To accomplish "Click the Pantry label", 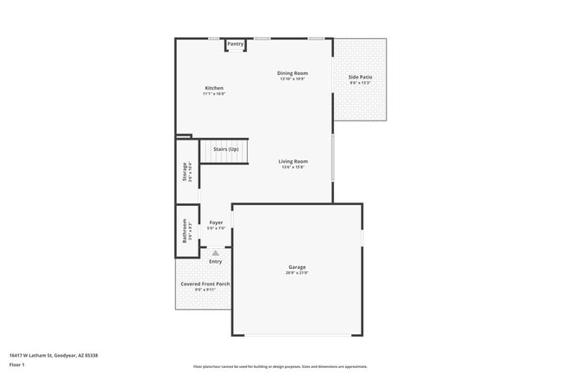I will tap(235, 44).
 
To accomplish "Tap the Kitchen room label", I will tap(214, 89).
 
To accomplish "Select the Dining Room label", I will tap(293, 73).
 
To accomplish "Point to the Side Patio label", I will tap(360, 78).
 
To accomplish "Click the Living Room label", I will tap(293, 162).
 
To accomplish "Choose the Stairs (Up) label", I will tap(226, 149).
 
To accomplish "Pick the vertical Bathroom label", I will tap(184, 230).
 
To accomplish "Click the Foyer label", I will tap(216, 222).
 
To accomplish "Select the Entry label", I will tap(215, 261).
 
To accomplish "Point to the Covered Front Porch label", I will tap(205, 284).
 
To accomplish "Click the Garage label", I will tap(297, 267).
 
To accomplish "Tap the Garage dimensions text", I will tap(297, 272).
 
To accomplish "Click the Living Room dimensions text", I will tap(293, 167).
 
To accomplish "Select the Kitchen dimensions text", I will tap(214, 94).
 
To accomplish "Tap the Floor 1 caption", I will tap(16, 364).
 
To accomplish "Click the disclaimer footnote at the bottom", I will tap(280, 365).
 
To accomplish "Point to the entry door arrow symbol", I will tap(216, 253).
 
